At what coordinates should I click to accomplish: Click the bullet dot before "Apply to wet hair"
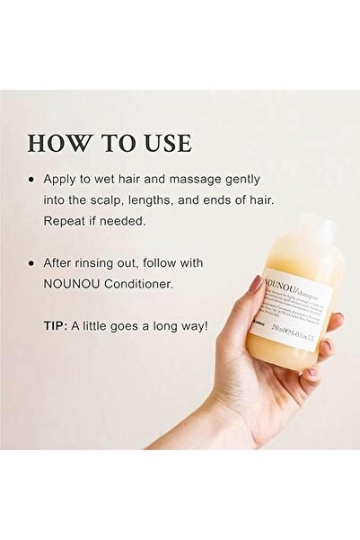click(x=34, y=180)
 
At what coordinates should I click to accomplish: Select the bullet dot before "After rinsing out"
click(x=34, y=263)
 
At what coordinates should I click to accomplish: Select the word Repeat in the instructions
click(x=67, y=221)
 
